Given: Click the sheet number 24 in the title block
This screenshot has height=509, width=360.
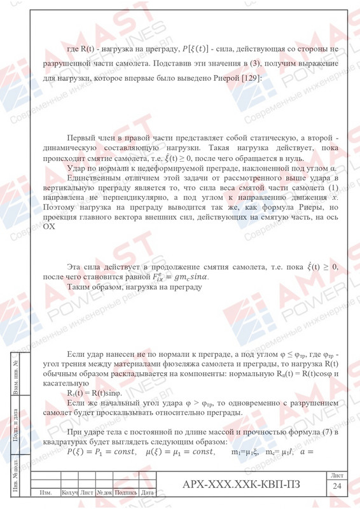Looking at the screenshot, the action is point(336,487).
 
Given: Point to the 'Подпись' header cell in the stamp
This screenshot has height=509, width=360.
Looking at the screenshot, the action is point(125,492).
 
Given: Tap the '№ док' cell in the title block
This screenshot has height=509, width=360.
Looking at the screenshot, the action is point(104,492).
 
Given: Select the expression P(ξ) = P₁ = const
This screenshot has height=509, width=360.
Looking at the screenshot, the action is point(101,452).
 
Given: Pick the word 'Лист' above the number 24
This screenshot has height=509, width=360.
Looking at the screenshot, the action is point(336,476).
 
